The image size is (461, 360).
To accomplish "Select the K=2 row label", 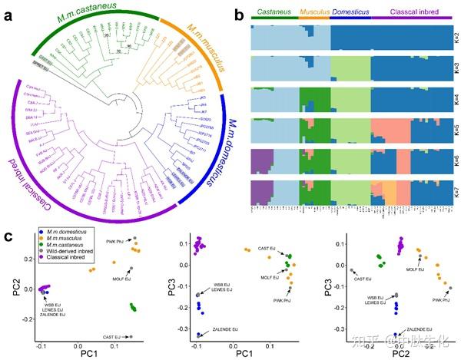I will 449,36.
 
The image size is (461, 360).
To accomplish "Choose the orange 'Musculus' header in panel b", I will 313,14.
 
